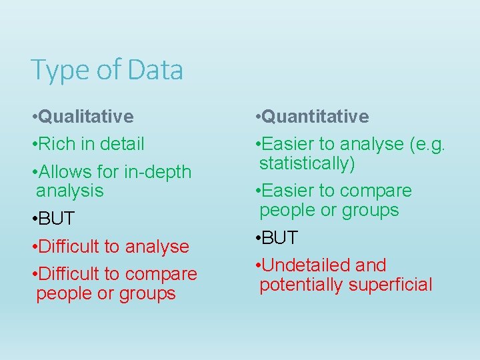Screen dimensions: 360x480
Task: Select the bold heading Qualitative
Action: click(86, 117)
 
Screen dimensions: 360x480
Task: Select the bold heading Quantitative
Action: click(315, 117)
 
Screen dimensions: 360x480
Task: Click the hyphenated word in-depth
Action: click(158, 171)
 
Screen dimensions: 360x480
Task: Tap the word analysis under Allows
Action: click(70, 191)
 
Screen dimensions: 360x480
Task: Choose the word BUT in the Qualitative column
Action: click(57, 219)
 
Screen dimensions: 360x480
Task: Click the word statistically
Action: click(307, 163)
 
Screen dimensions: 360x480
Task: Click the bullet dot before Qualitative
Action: click(33, 117)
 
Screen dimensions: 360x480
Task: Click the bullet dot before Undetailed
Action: click(257, 266)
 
